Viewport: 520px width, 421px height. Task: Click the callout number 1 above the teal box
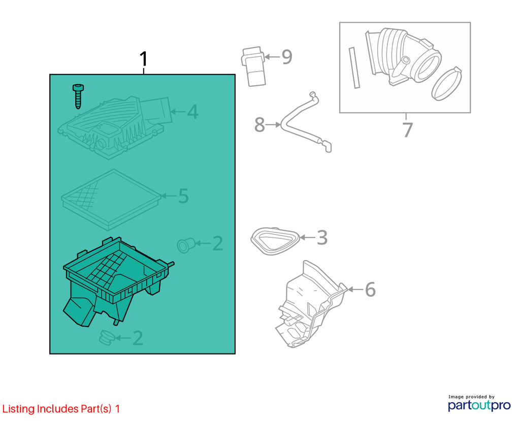(143, 59)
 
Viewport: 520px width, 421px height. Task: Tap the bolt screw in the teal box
(78, 96)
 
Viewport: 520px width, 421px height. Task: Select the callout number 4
(192, 112)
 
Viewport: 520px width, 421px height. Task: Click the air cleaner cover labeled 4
(115, 127)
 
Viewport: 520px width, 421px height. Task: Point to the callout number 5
(183, 196)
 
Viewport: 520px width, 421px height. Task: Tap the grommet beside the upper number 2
(185, 245)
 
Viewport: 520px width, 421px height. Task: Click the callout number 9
(287, 57)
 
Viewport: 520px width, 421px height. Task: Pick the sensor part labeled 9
(253, 66)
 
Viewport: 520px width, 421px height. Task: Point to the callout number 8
(259, 125)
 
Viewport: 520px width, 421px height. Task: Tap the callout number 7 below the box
(408, 129)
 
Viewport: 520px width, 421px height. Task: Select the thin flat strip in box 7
(354, 67)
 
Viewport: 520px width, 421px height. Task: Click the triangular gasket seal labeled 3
(275, 241)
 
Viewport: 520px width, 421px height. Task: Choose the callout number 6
(370, 290)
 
